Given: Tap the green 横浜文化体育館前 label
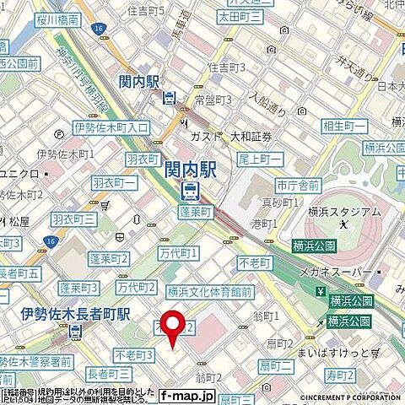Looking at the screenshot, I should [x=210, y=292].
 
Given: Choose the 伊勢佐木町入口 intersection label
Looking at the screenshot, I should [x=111, y=127].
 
